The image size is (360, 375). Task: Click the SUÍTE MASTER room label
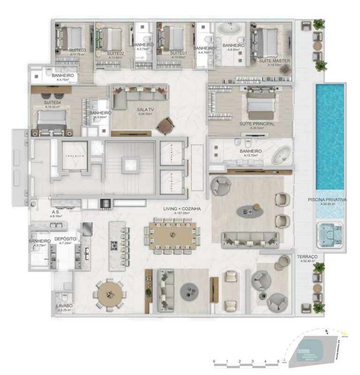[x=275, y=61]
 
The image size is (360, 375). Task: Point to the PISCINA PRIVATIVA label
[x=327, y=199]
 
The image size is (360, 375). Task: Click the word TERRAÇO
[x=307, y=257]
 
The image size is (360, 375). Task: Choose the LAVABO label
[x=64, y=306]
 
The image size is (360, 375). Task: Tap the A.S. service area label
[x=55, y=211]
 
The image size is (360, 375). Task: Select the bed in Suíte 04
[x=50, y=120]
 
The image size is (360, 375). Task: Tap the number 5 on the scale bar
[x=278, y=361]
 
